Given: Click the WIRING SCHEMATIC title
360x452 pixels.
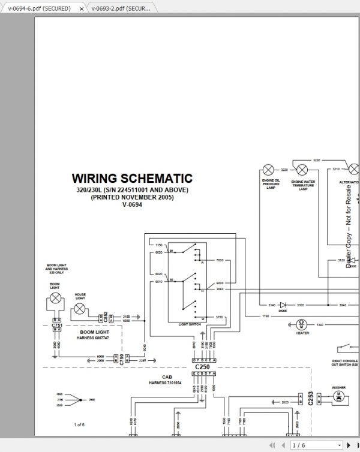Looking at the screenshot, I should pyautogui.click(x=132, y=178).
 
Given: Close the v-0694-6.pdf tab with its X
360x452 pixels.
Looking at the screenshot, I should pyautogui.click(x=82, y=9).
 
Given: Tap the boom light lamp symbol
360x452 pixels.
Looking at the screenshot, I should pyautogui.click(x=55, y=297).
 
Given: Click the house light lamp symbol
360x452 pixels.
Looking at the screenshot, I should pyautogui.click(x=79, y=310).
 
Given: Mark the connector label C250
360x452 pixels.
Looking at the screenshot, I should pyautogui.click(x=202, y=366).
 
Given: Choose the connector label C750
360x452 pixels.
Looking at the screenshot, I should pyautogui.click(x=122, y=359).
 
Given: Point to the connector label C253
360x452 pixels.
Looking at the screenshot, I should pyautogui.click(x=310, y=399).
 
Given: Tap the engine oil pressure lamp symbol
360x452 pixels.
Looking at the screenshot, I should pyautogui.click(x=269, y=170).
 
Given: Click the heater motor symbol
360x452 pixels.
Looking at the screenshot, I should pyautogui.click(x=302, y=324).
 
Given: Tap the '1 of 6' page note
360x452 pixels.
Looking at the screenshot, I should pyautogui.click(x=79, y=424).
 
